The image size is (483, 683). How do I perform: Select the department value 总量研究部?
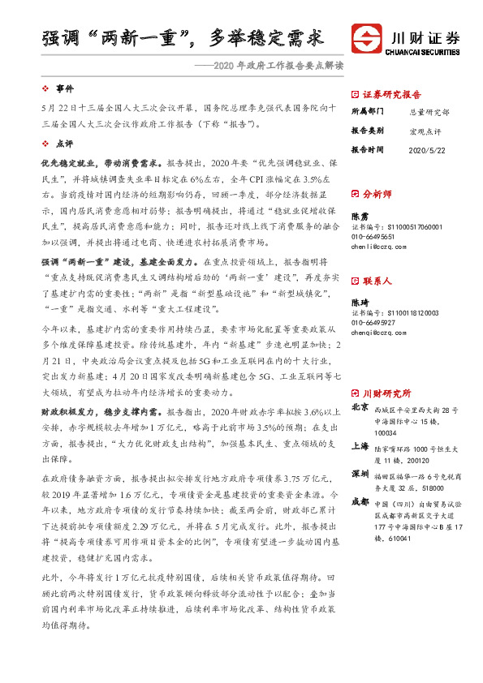click(427, 112)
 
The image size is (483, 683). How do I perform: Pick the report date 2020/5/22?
click(427, 150)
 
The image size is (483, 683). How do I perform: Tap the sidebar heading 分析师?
click(377, 195)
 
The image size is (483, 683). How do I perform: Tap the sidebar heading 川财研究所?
click(386, 393)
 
